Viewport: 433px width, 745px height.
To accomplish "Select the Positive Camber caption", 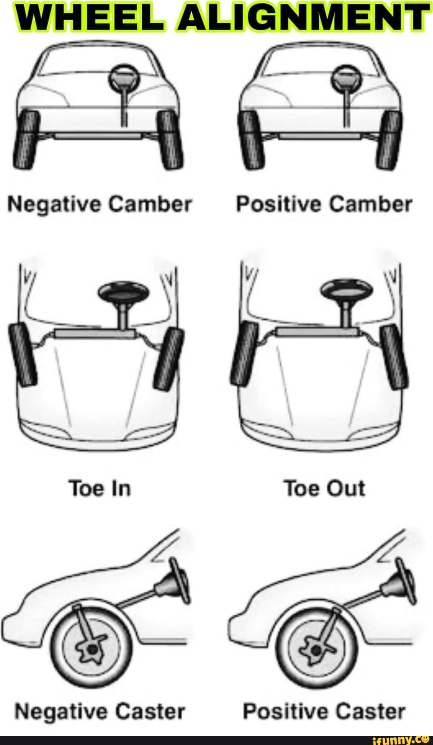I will pyautogui.click(x=324, y=204).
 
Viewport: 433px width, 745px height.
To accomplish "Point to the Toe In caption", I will pyautogui.click(x=100, y=489).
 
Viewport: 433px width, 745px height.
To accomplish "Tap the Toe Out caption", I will pyautogui.click(x=324, y=489).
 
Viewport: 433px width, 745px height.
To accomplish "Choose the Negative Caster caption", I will pyautogui.click(x=100, y=712).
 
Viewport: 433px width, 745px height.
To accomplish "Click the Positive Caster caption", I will pyautogui.click(x=324, y=712).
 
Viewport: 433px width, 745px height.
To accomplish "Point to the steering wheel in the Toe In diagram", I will pyautogui.click(x=123, y=292).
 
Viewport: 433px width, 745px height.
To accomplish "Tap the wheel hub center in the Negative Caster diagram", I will pyautogui.click(x=92, y=649).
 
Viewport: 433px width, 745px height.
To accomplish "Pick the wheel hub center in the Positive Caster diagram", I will pyautogui.click(x=316, y=649).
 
